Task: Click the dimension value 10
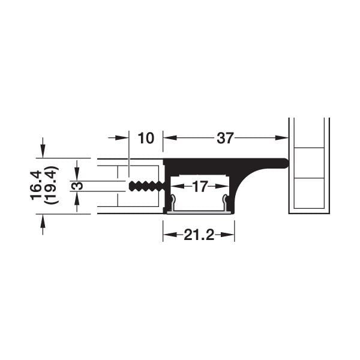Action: tap(146, 138)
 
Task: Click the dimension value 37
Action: tap(224, 138)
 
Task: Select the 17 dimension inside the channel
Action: tap(199, 187)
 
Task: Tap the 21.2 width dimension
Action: tap(199, 235)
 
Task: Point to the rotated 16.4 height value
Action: tap(37, 185)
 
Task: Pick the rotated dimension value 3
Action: tap(77, 186)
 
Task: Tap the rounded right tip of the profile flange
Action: tap(286, 162)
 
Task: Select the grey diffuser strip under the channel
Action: tap(199, 211)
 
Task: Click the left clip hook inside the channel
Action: tap(172, 201)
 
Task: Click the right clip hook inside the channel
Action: tap(226, 201)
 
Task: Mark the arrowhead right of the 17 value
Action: tap(225, 187)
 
